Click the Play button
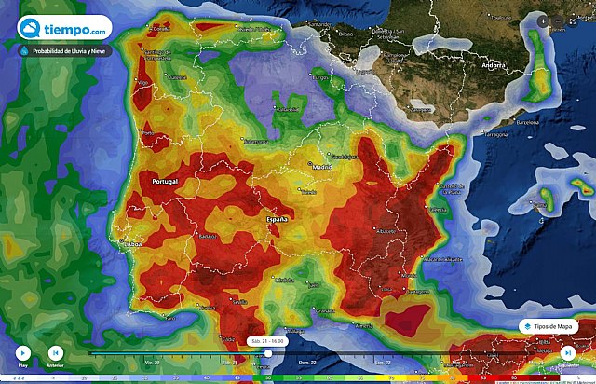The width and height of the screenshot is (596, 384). pos(23,353)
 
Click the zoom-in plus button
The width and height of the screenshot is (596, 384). pos(543,21)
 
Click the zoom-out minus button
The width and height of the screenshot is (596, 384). pos(558,21)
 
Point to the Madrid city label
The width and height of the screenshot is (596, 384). pos(322,168)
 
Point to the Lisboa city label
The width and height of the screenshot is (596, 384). pos(129,243)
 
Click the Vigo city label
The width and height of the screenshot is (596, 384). pos(143,83)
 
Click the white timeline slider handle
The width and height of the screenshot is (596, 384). pos(268,352)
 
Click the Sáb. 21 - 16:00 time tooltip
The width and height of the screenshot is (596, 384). pos(267,341)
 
